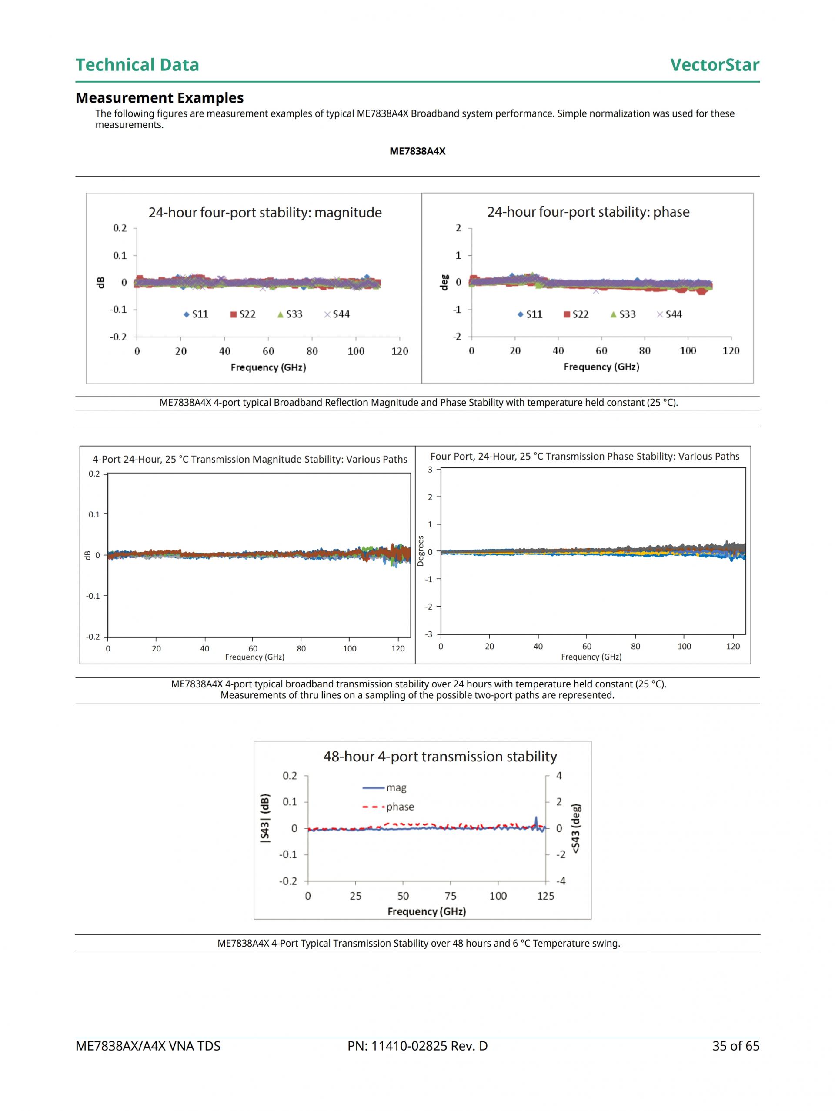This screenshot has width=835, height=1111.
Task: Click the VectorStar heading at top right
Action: coord(714,65)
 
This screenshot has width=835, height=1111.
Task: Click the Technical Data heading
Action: coord(137,65)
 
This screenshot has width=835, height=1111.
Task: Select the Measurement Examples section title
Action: coord(159,97)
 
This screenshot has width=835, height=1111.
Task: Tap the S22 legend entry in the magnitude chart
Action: coord(243,314)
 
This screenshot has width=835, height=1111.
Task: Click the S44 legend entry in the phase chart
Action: coord(670,314)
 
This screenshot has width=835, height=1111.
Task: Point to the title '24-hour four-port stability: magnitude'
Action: coord(265,213)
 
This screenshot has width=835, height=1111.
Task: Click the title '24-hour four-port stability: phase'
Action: coord(588,212)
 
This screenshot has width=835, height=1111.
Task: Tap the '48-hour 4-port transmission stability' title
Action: coord(440,757)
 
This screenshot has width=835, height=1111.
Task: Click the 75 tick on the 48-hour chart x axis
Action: coord(450,896)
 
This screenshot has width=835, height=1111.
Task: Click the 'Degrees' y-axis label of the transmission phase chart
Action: coord(421,551)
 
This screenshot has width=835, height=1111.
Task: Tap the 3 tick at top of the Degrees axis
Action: coord(430,470)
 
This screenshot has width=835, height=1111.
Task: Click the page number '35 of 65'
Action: coord(735,1046)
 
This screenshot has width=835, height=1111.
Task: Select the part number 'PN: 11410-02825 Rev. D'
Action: coord(417,1046)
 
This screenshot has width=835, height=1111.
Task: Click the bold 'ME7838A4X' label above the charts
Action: coord(417,151)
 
